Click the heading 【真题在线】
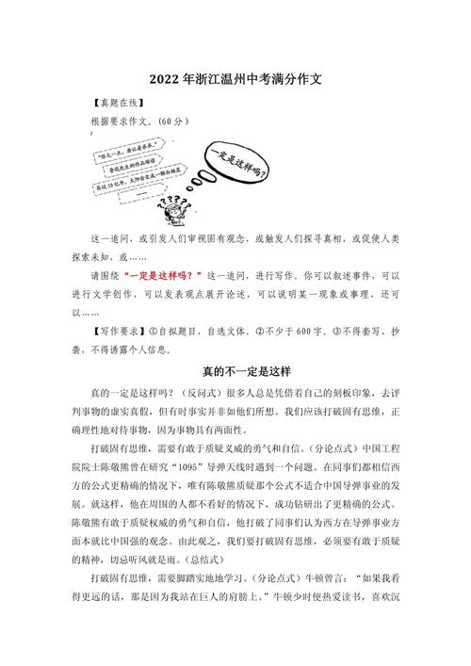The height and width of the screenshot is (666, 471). pyautogui.click(x=118, y=104)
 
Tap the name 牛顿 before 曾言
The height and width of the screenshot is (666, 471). pyautogui.click(x=317, y=625)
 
